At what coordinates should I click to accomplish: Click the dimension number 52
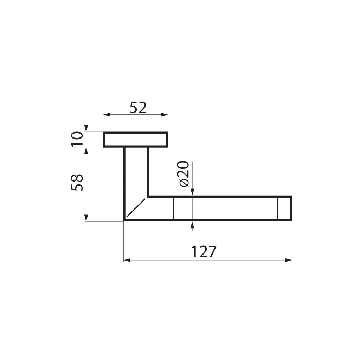click(x=138, y=108)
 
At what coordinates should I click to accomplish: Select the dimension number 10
click(x=77, y=140)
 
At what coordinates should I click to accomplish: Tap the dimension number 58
click(x=77, y=182)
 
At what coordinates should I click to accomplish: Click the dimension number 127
click(x=203, y=252)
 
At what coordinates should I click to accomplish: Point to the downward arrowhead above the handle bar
click(x=192, y=192)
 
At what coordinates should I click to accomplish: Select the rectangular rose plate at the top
click(x=135, y=140)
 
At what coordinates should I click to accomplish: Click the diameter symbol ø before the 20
click(x=184, y=183)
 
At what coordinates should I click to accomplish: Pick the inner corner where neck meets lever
click(x=148, y=197)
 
